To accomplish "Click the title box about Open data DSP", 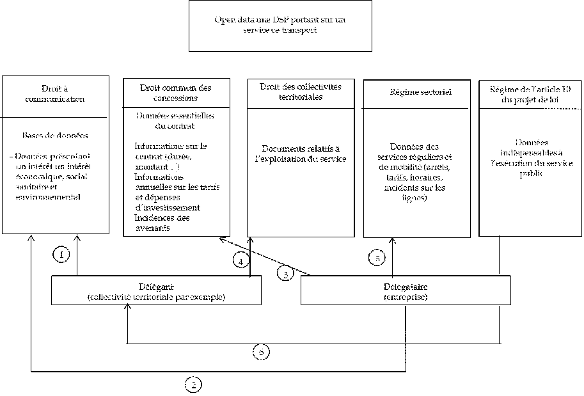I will click(280, 26).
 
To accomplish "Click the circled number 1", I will click(61, 255).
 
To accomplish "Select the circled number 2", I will click(193, 384).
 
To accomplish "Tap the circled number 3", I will click(285, 273).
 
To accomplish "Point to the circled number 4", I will click(240, 261).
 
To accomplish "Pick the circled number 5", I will click(377, 258).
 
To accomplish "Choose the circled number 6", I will click(261, 351).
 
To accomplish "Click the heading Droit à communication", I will click(54, 93).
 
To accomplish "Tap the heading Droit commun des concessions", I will click(175, 93).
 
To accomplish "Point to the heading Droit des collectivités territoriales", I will click(301, 91).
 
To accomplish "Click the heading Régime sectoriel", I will click(420, 92).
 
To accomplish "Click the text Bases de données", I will click(54, 136).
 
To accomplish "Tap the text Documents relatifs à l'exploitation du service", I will click(301, 154).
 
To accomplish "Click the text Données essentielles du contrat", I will click(175, 120).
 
